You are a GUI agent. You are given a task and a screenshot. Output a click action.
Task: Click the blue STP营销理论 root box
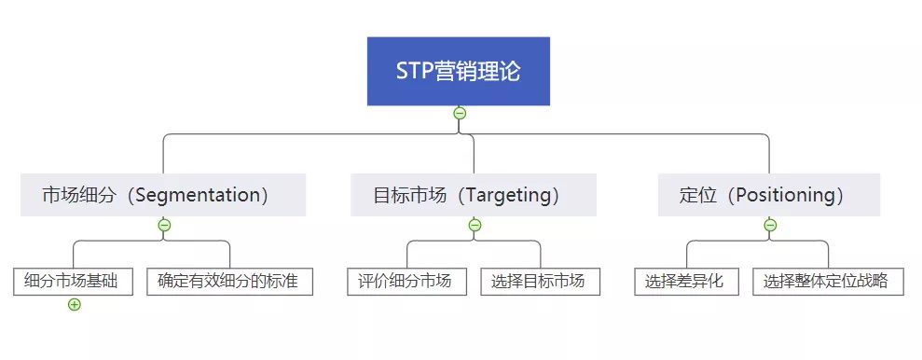click(x=458, y=71)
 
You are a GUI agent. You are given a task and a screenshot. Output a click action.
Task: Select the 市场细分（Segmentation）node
click(x=163, y=195)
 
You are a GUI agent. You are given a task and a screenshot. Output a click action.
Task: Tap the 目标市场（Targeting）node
click(x=474, y=195)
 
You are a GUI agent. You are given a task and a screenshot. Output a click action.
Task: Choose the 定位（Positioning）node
click(x=769, y=195)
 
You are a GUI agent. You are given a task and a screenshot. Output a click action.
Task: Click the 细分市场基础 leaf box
click(x=74, y=281)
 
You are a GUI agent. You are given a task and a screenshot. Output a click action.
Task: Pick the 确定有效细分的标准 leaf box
click(x=229, y=281)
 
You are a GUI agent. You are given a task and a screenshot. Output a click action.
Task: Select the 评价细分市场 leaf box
click(x=406, y=281)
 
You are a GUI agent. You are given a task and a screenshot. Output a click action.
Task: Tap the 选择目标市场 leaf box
click(x=540, y=281)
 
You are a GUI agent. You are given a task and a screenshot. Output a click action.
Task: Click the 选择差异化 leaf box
click(x=687, y=281)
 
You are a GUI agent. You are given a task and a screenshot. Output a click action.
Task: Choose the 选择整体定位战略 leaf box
click(x=828, y=281)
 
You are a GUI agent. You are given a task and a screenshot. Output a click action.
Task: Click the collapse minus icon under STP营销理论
click(x=460, y=113)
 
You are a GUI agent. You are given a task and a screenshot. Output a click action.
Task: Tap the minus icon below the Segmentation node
click(x=164, y=225)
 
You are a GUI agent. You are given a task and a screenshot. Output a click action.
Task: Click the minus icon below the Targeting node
click(x=475, y=225)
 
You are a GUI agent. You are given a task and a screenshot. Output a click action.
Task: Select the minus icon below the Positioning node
click(x=770, y=225)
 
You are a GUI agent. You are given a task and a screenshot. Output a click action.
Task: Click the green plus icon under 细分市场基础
click(x=75, y=304)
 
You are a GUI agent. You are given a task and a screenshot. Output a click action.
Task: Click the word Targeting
click(x=507, y=195)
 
